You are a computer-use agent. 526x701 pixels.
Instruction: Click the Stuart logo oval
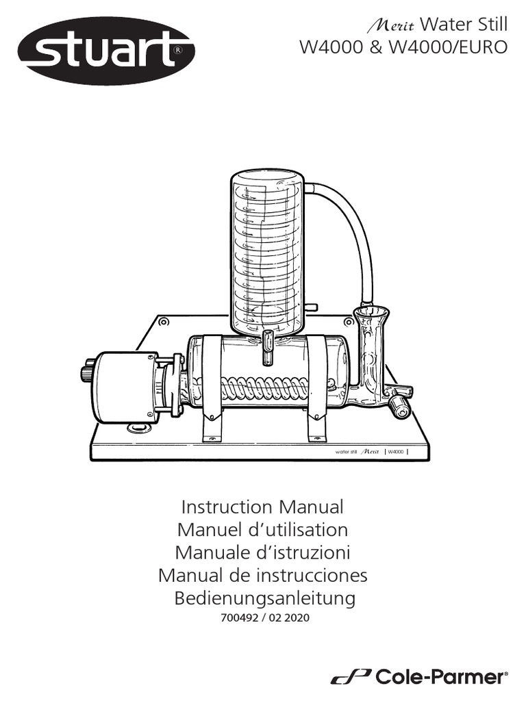pyautogui.click(x=106, y=51)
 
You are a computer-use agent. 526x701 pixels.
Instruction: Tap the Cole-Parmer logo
pyautogui.click(x=420, y=677)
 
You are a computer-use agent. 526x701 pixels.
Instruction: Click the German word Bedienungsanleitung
pyautogui.click(x=264, y=598)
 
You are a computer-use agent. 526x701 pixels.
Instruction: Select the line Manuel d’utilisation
pyautogui.click(x=262, y=530)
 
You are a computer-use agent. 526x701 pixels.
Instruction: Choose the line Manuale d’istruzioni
pyautogui.click(x=263, y=552)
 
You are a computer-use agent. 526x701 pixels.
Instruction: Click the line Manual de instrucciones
pyautogui.click(x=263, y=575)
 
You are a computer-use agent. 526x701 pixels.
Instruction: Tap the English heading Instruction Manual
pyautogui.click(x=262, y=507)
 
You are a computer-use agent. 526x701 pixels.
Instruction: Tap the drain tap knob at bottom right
pyautogui.click(x=399, y=408)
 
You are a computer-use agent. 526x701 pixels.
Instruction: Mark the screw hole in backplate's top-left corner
pyautogui.click(x=163, y=322)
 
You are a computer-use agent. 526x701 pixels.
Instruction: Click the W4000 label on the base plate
pyautogui.click(x=395, y=452)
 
